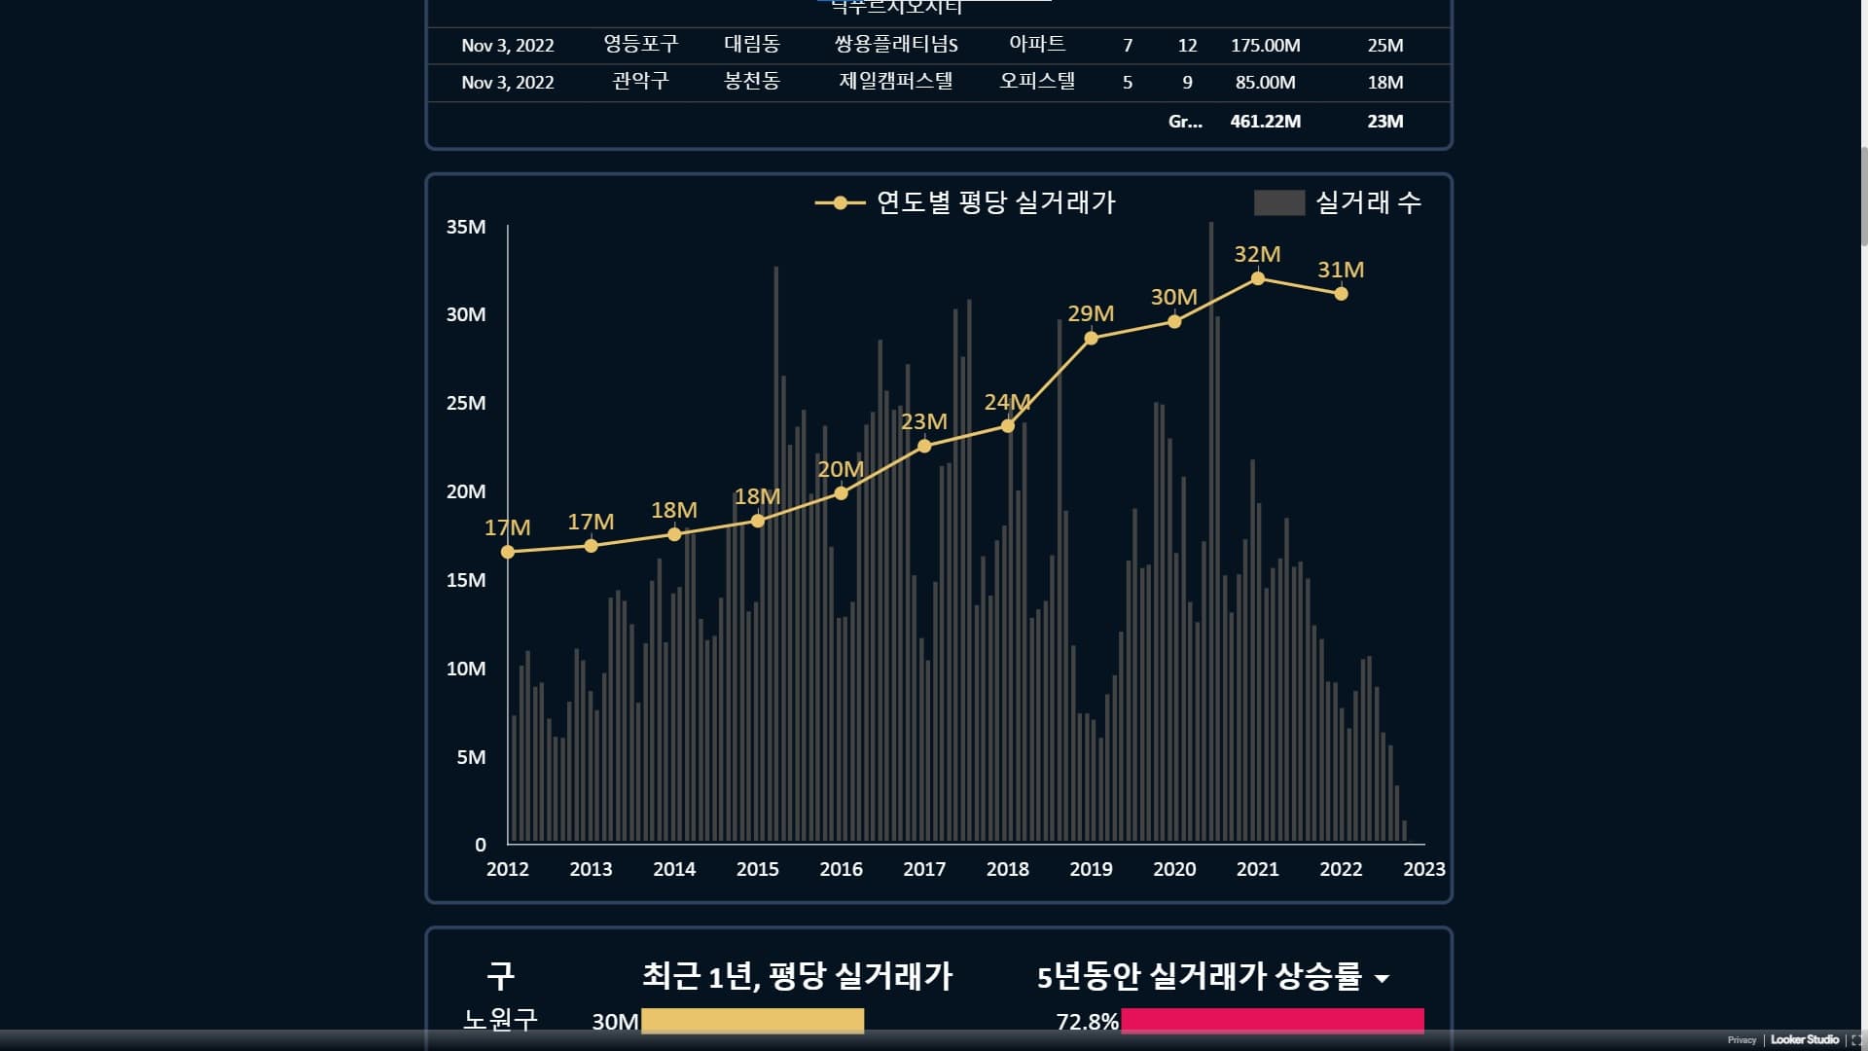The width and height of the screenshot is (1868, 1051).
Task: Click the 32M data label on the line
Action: tap(1257, 254)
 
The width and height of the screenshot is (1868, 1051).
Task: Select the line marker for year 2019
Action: tap(1091, 339)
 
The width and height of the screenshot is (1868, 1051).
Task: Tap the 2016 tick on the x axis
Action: tap(841, 869)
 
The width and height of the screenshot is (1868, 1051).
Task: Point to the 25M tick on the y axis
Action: tap(466, 403)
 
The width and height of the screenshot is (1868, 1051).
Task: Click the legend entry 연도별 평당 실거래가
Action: tap(995, 202)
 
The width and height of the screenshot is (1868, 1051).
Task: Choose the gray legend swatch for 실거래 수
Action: tap(1278, 202)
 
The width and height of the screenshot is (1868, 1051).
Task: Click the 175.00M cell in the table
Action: tap(1265, 46)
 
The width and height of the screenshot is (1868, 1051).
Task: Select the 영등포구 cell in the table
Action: tap(640, 45)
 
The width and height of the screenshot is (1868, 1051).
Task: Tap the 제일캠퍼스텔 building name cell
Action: tap(895, 82)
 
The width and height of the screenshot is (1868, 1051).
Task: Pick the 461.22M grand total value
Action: tap(1265, 122)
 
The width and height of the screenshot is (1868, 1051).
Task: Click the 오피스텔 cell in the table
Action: tap(1037, 82)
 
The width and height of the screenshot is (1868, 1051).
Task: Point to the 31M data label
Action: tap(1341, 270)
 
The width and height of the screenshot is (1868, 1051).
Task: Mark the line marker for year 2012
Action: tap(508, 552)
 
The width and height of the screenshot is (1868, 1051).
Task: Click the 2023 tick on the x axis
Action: tap(1423, 869)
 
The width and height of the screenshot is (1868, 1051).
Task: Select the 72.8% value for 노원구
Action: tap(1087, 1022)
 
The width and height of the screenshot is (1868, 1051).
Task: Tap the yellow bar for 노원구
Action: tap(752, 1021)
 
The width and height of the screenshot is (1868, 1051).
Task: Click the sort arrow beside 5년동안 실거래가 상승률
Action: tap(1382, 978)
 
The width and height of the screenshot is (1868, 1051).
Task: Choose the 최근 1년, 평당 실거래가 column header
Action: tap(797, 976)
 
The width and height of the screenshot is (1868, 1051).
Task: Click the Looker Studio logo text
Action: tap(1804, 1040)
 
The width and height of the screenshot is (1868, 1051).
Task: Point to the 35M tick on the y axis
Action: tap(466, 227)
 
